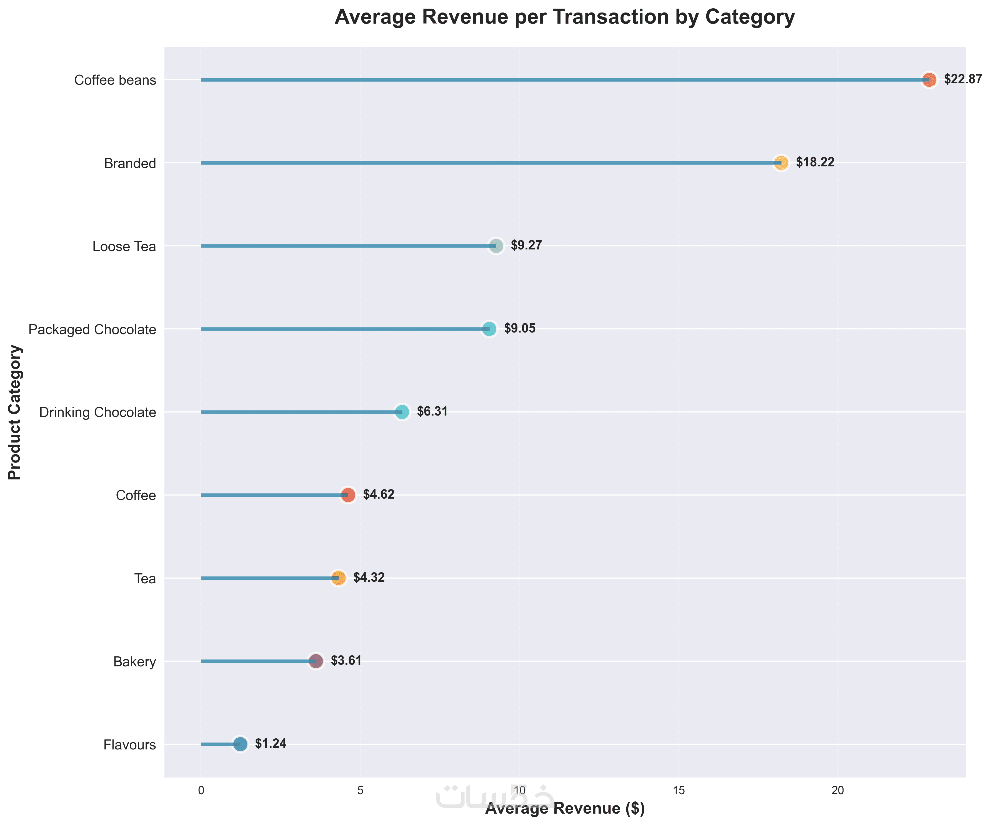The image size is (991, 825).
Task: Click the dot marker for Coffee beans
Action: coord(929,80)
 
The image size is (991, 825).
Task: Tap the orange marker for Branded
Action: coord(781,163)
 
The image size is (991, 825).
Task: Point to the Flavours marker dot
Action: coord(240,744)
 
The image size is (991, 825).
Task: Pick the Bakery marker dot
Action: coord(316,661)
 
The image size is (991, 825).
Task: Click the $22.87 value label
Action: coord(963,79)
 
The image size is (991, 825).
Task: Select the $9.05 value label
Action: coord(520,329)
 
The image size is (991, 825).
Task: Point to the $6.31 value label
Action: coord(432,412)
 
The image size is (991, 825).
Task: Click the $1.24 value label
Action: coord(271,744)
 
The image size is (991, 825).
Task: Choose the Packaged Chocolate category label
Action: coord(92,329)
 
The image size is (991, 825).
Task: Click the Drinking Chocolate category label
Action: coord(98,412)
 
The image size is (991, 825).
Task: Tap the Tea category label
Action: coord(145,579)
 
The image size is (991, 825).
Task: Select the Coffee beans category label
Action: coord(115,80)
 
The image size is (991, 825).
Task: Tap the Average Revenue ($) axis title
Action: coord(565,809)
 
